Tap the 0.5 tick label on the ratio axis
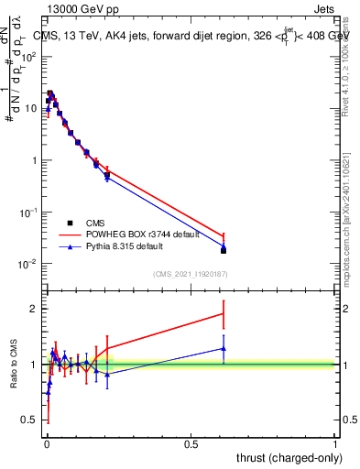31,420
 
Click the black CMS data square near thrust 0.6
224,250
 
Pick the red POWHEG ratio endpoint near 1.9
224,313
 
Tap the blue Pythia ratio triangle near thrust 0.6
224,348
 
